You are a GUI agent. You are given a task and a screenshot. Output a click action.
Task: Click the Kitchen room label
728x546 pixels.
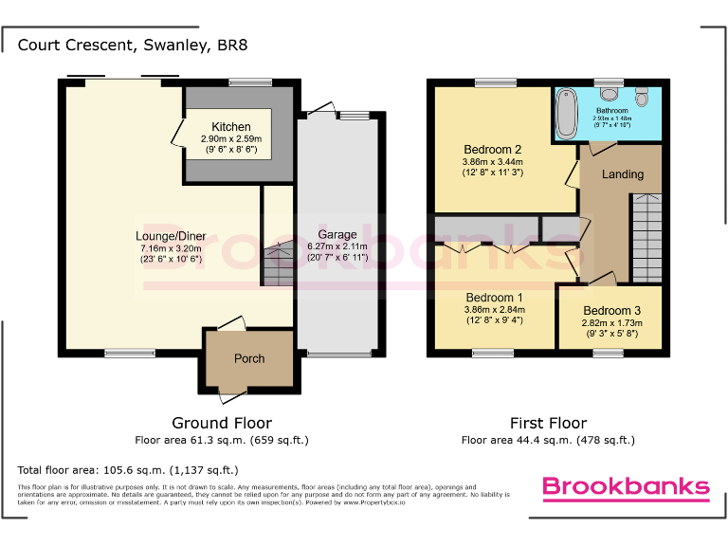(231, 127)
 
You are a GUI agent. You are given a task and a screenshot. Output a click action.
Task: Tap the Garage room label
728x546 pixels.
(337, 235)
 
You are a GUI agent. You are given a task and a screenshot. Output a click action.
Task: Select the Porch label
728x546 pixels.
(249, 358)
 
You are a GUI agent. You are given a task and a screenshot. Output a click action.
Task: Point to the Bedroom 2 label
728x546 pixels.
(492, 150)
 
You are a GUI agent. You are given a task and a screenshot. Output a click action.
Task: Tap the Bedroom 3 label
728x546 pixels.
(610, 311)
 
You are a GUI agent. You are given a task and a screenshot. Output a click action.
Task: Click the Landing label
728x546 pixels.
(622, 174)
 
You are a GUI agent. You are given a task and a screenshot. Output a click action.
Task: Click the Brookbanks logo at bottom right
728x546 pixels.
(625, 487)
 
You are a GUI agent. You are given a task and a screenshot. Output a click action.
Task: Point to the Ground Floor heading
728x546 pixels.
(221, 423)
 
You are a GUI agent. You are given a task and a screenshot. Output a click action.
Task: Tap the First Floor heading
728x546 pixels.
(547, 423)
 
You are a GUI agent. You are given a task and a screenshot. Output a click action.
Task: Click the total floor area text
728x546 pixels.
(128, 470)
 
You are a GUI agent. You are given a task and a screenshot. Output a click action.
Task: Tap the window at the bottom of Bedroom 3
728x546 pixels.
(608, 354)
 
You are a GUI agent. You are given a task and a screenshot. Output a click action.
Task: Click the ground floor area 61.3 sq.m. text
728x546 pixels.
(221, 440)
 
